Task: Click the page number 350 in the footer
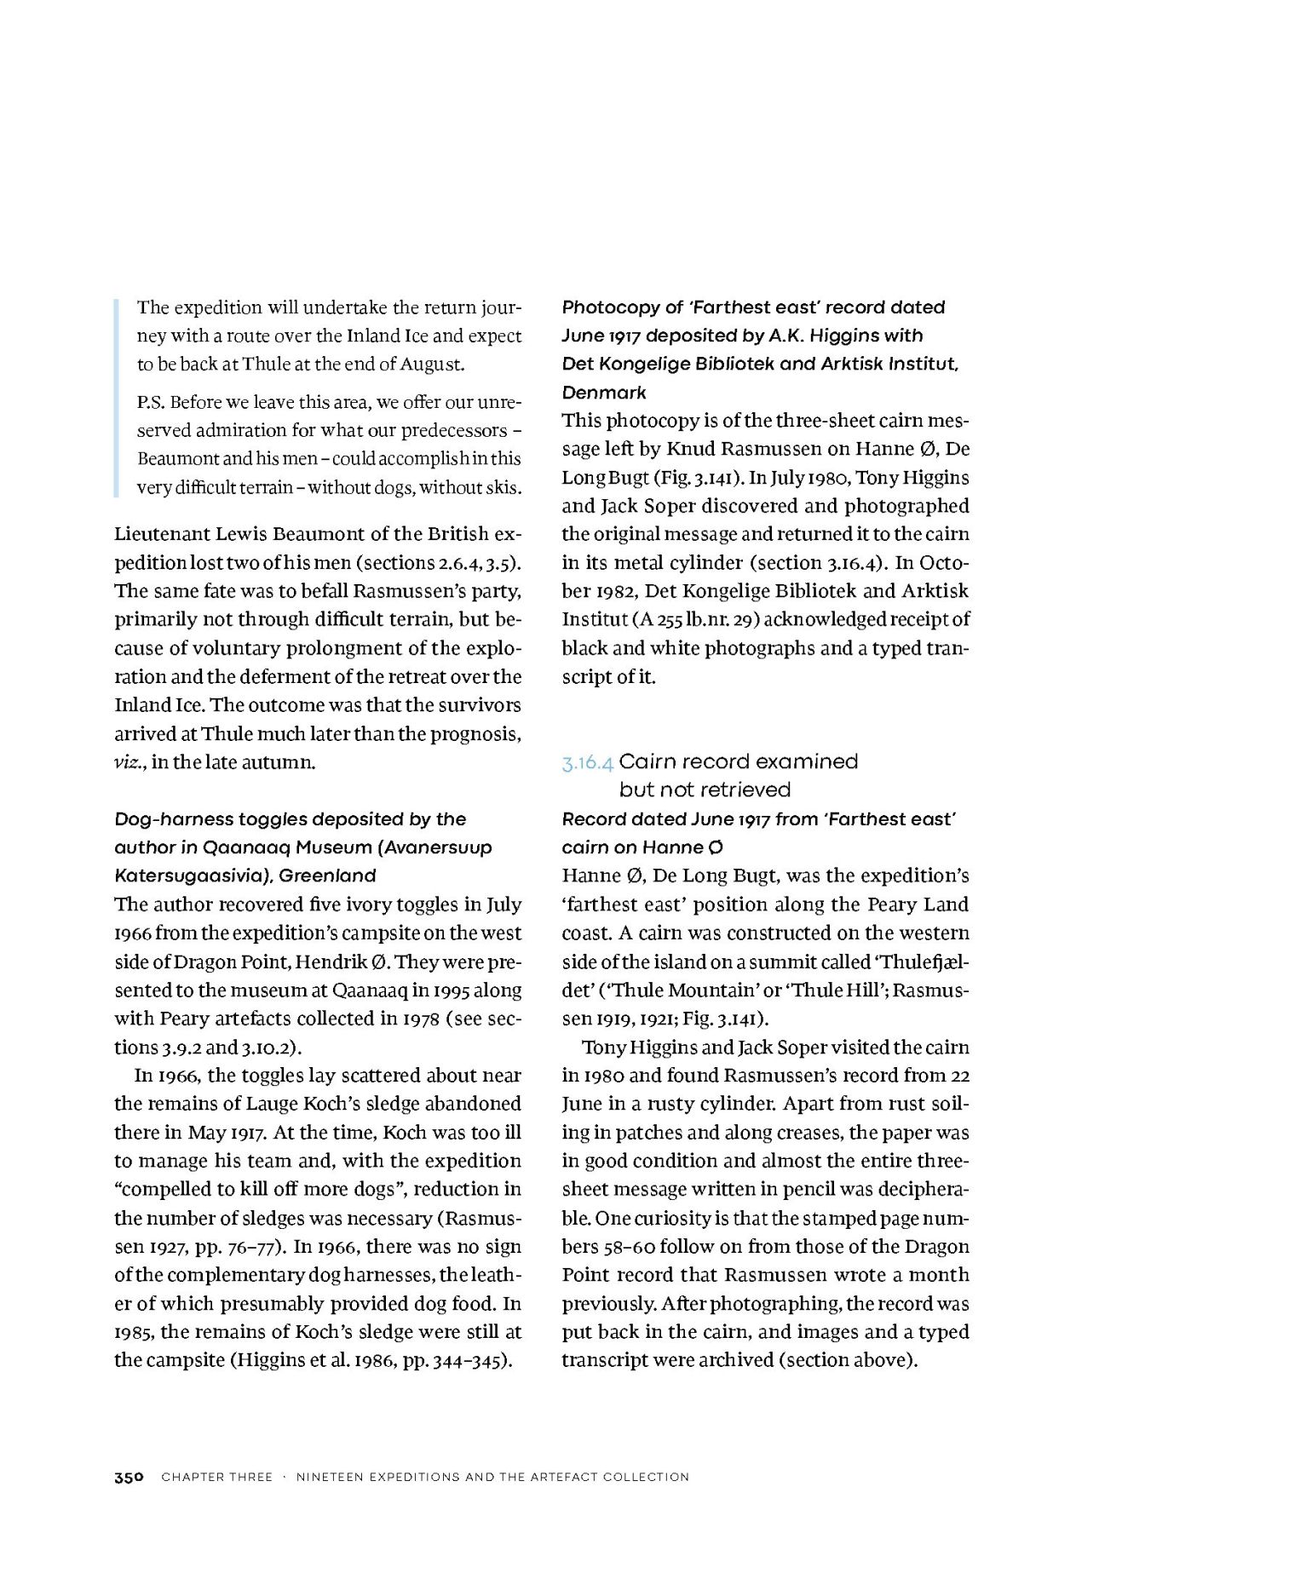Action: coord(129,1477)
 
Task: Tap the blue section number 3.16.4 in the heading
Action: coord(587,763)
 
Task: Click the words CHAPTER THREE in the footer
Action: coord(216,1477)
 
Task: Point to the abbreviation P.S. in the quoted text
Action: coord(151,402)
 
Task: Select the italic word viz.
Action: coord(129,762)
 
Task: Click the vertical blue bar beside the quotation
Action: coord(117,398)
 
